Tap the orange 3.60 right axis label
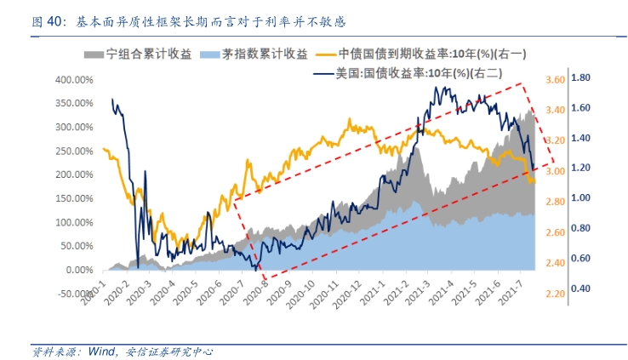pos(554,80)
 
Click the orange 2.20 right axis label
pos(554,294)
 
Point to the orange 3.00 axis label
pos(554,171)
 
